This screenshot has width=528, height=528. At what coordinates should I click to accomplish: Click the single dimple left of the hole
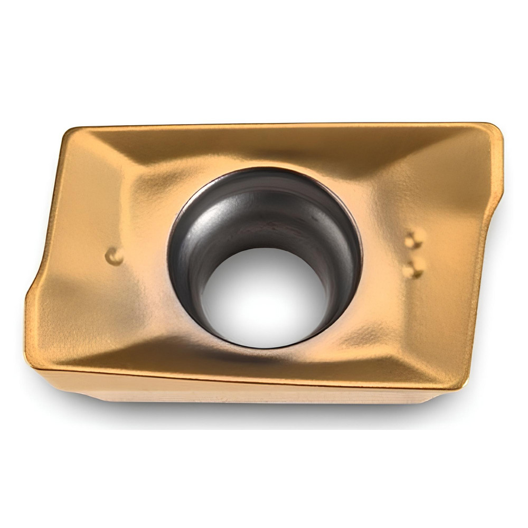(x=114, y=257)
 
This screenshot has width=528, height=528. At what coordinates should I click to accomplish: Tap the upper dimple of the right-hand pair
(x=414, y=239)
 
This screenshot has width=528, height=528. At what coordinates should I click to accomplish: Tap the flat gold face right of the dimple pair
(x=454, y=253)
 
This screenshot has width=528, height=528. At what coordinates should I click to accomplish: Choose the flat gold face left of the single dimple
(x=79, y=253)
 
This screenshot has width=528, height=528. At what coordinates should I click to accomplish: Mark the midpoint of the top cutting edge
(x=280, y=126)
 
